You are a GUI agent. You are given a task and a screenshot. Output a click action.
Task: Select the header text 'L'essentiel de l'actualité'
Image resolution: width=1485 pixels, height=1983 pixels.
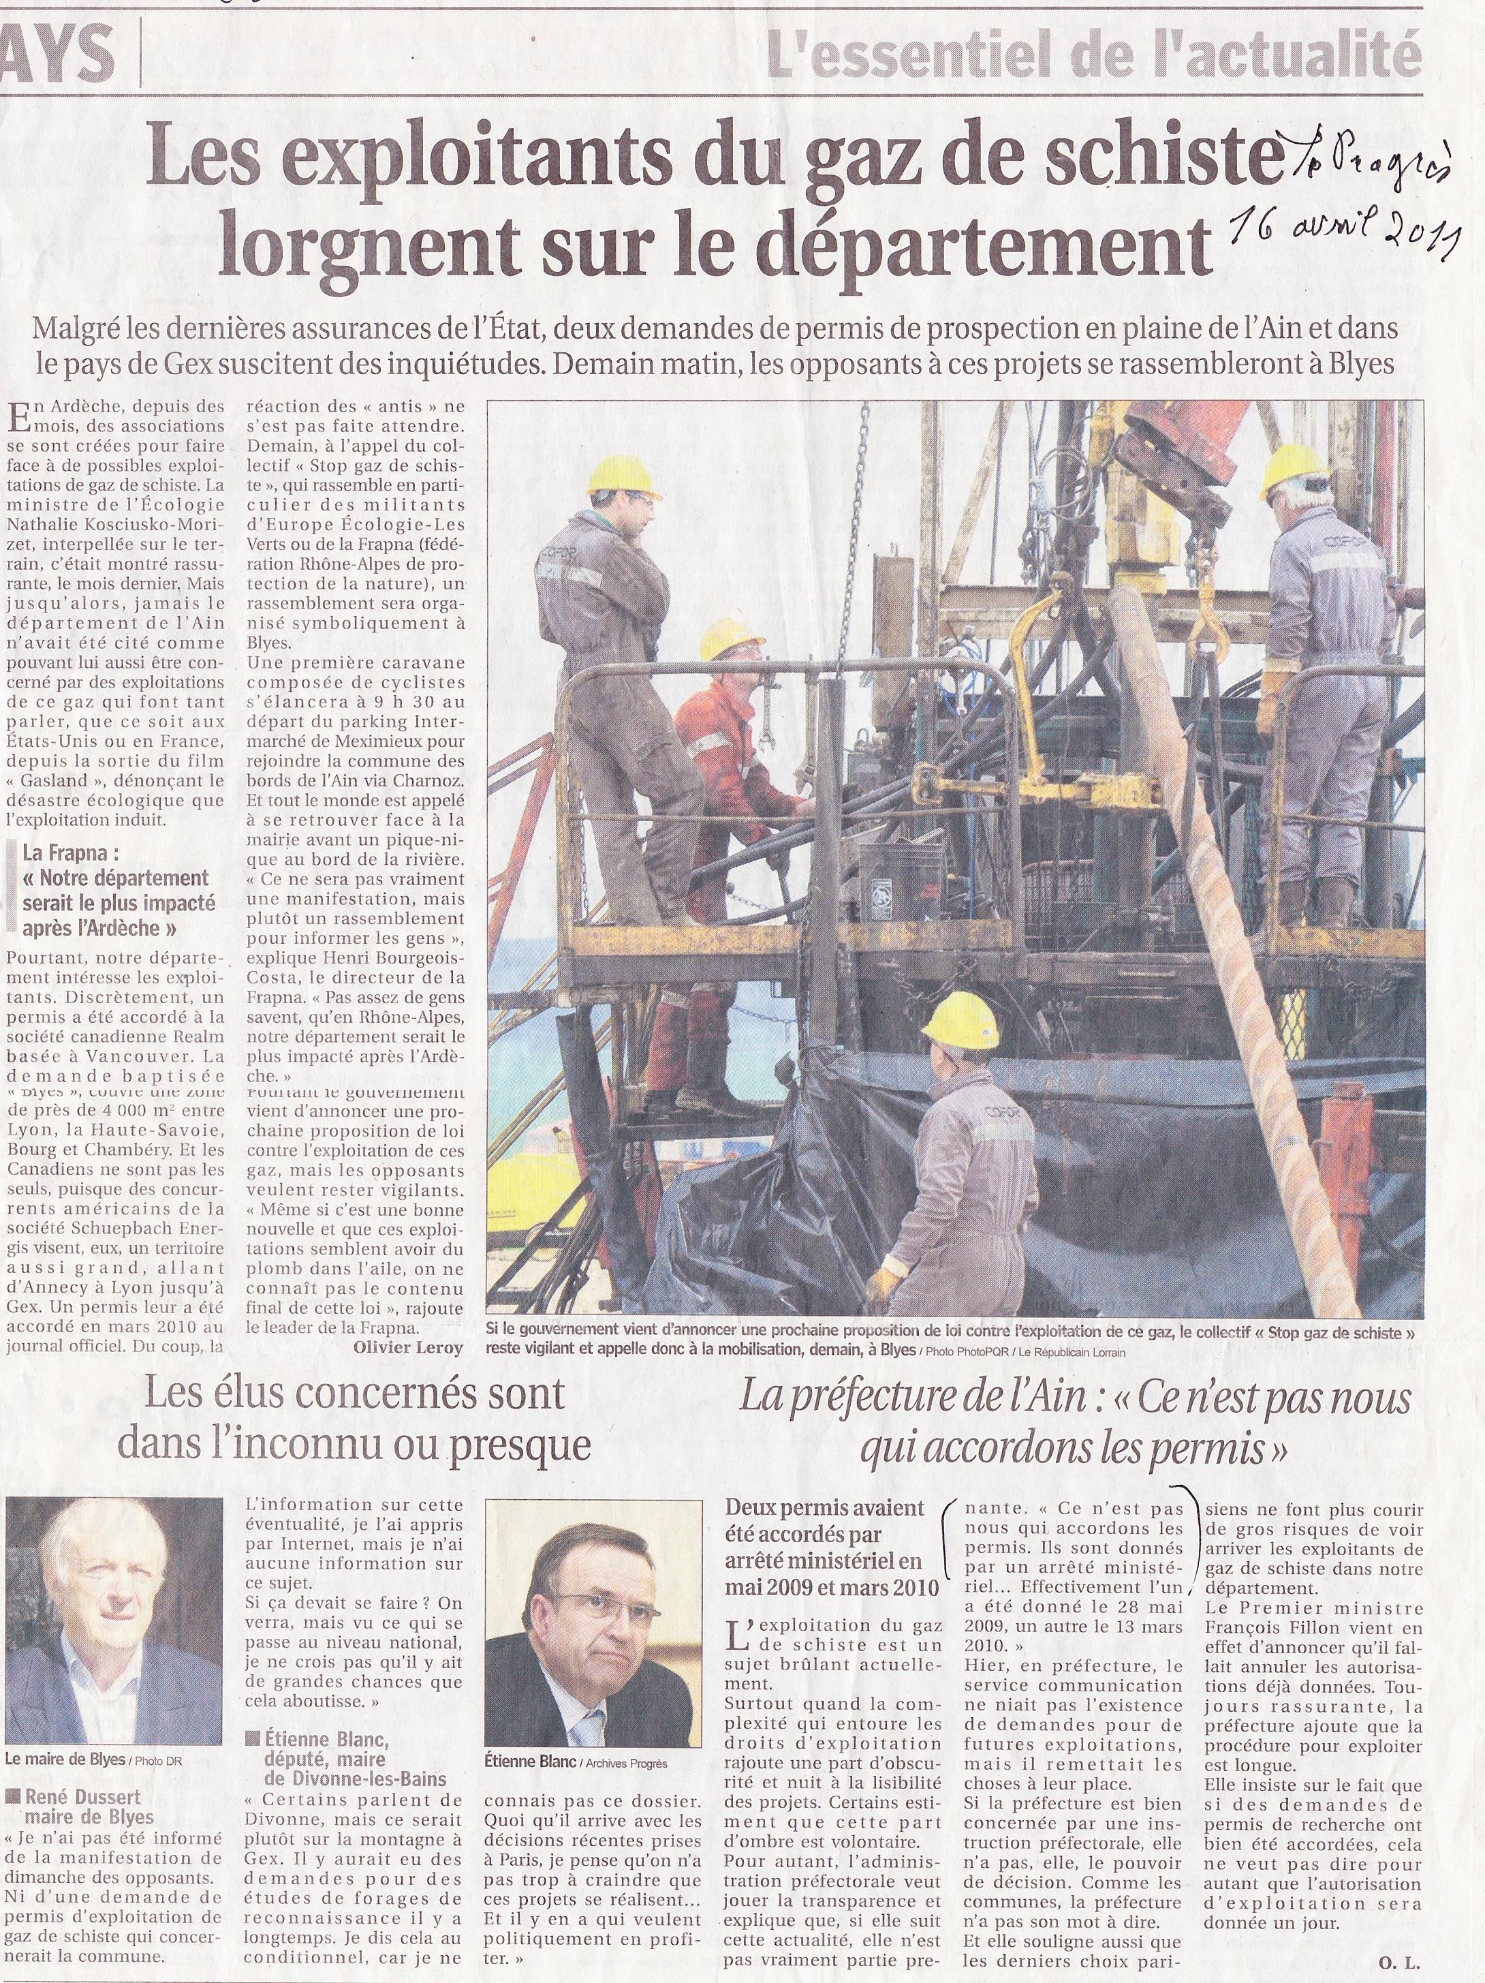pyautogui.click(x=1093, y=54)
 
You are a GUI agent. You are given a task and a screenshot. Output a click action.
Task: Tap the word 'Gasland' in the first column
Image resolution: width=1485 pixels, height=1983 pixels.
pyautogui.click(x=57, y=780)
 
